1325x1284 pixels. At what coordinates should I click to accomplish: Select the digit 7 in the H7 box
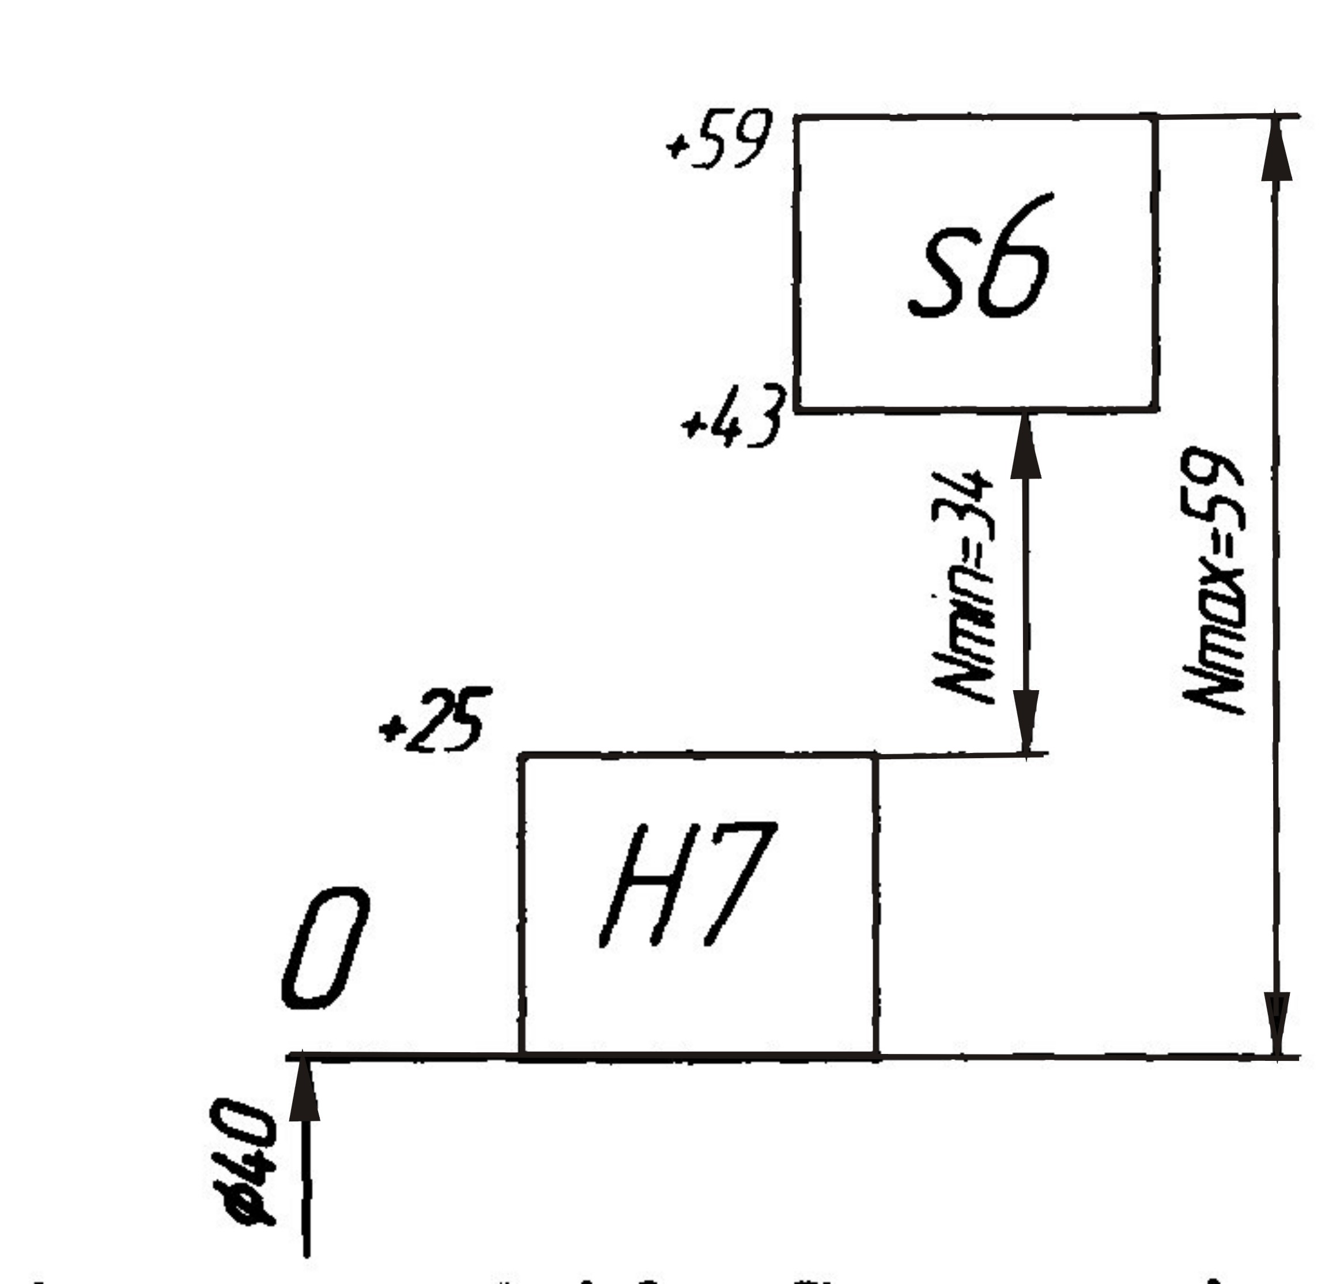[x=737, y=882]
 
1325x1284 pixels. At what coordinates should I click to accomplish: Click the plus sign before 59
[x=676, y=145]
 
